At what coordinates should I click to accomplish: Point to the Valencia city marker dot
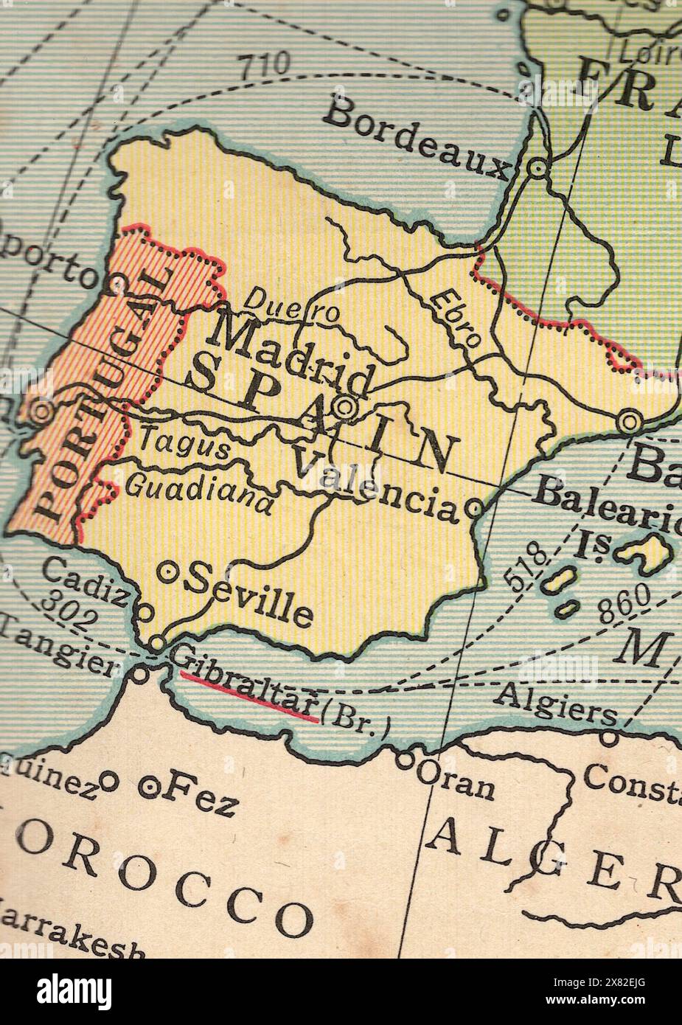(475, 508)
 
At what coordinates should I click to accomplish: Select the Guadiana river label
(199, 491)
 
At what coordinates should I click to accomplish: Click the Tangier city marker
(140, 673)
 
